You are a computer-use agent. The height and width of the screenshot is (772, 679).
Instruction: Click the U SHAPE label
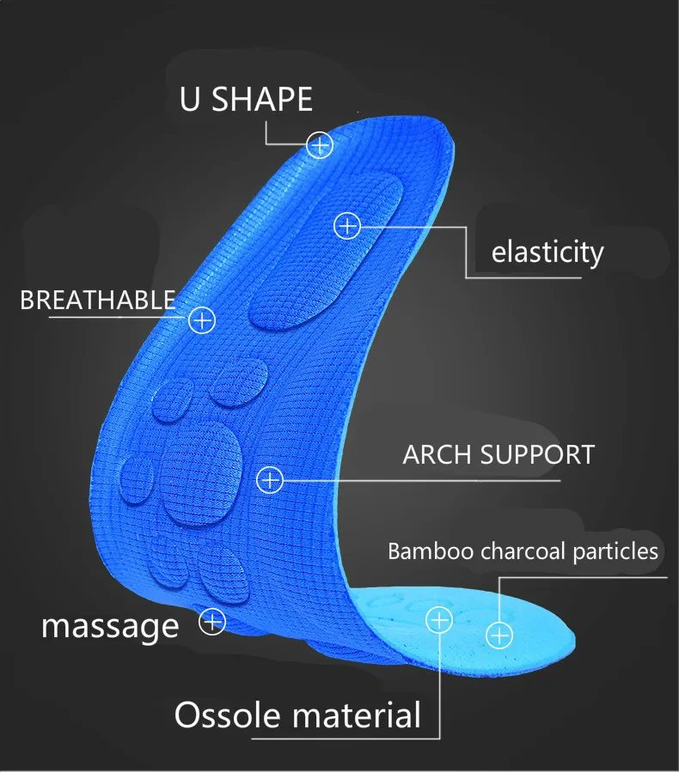point(246,100)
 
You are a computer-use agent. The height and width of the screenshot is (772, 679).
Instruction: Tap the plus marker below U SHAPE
point(320,145)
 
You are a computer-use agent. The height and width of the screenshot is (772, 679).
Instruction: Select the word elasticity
point(547,252)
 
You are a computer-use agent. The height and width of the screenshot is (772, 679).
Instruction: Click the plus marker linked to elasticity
point(346,226)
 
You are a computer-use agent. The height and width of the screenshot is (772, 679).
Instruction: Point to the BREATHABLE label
point(97,301)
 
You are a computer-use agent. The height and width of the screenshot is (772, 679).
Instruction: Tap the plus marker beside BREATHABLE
point(201,320)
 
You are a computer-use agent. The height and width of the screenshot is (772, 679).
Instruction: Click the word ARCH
point(437,454)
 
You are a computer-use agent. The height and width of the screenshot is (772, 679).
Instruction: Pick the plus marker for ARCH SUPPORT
point(270,479)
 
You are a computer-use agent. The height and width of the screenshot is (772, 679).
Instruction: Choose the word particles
point(616,551)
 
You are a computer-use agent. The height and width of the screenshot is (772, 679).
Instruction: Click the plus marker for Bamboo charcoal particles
point(499,635)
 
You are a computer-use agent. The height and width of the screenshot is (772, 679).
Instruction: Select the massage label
point(110,625)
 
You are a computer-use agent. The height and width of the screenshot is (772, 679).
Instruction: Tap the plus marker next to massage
point(212,621)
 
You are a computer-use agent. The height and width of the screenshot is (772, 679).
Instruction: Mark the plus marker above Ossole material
point(438,618)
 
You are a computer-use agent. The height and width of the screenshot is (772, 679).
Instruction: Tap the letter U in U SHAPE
point(190,100)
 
